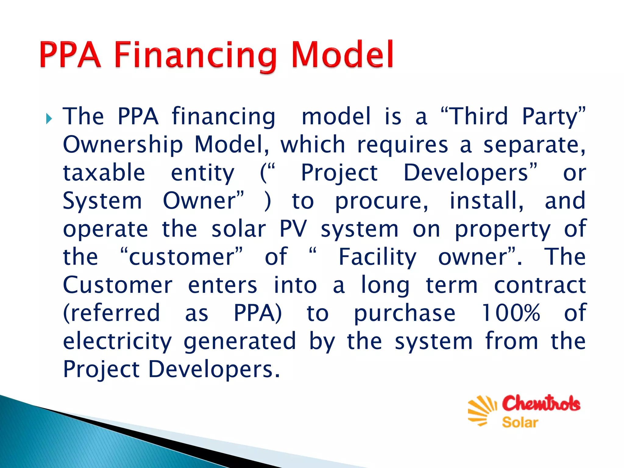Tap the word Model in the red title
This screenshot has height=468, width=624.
pos(342,55)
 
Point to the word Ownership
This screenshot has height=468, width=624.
pos(123,145)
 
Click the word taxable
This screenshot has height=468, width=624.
pos(104,172)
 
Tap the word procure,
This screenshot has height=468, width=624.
pos(382,201)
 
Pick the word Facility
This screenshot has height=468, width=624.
pos(377,257)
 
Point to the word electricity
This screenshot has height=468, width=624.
pos(117,342)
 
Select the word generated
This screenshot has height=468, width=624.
pos(240,342)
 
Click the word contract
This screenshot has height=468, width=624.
pos(540,285)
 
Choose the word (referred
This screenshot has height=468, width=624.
pos(111,313)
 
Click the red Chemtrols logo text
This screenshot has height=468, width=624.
pos(541,403)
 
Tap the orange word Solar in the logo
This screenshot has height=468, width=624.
pos(520,423)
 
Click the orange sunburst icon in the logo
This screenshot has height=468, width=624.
pos(482,410)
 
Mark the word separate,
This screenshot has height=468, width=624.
pos(534,145)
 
